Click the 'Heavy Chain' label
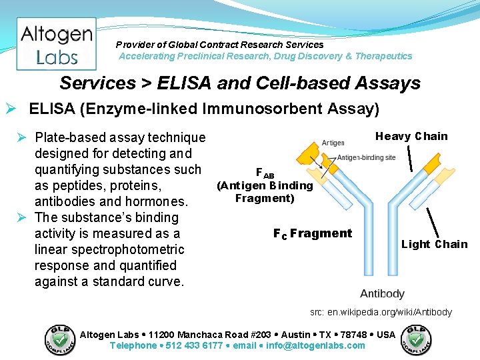pos(411,137)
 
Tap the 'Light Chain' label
pos(434,244)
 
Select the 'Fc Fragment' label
pos(312,233)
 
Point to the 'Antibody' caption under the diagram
pos(382,293)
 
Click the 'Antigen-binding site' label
pos(366,157)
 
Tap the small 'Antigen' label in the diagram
pos(333,143)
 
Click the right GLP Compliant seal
pos(415,339)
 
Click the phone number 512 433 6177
pos(195,345)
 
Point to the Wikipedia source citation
pos(381,312)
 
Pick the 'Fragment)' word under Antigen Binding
pos(265,198)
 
